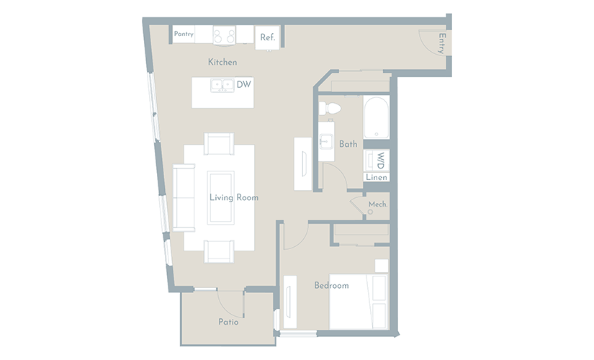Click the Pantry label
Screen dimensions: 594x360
pyautogui.click(x=184, y=34)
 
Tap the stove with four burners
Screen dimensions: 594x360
pyautogui.click(x=224, y=35)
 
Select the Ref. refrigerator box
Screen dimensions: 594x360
pyautogui.click(x=267, y=37)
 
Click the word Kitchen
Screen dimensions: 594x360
pyautogui.click(x=222, y=62)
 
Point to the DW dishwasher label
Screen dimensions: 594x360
pyautogui.click(x=243, y=84)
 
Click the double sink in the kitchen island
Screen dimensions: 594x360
pyautogui.click(x=222, y=85)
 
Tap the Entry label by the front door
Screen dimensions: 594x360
pyautogui.click(x=441, y=43)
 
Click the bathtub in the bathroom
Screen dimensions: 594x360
pyautogui.click(x=376, y=117)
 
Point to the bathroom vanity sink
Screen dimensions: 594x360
pyautogui.click(x=325, y=142)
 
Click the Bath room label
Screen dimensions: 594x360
pyautogui.click(x=348, y=144)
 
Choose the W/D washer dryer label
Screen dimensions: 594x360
pyautogui.click(x=381, y=161)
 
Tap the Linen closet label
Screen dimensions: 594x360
pyautogui.click(x=376, y=177)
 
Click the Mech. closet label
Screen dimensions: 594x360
pyautogui.click(x=378, y=204)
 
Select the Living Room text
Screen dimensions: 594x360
pyautogui.click(x=234, y=197)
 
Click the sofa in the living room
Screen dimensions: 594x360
pyautogui.click(x=184, y=197)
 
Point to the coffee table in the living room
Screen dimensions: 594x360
pyautogui.click(x=220, y=197)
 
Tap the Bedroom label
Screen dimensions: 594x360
pyautogui.click(x=331, y=285)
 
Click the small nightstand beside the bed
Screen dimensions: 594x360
pyautogui.click(x=382, y=266)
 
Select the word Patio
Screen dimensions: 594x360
pyautogui.click(x=228, y=322)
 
